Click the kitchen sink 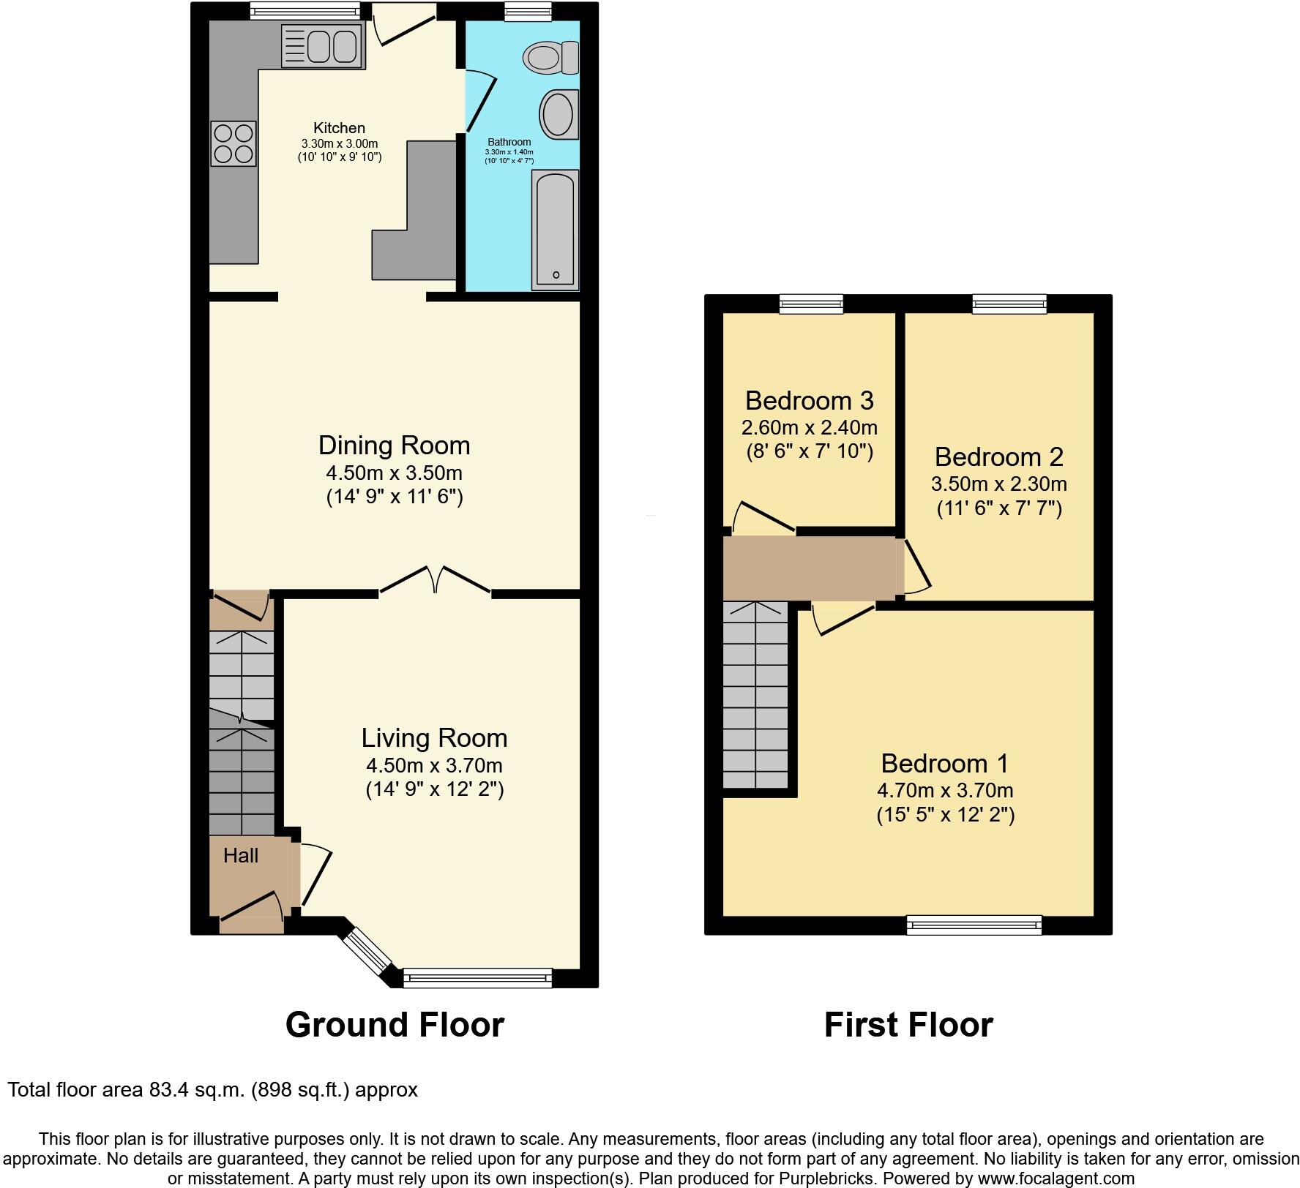[323, 47]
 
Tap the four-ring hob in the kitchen [234, 143]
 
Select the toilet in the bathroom [550, 57]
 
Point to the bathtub [556, 229]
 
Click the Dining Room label [394, 446]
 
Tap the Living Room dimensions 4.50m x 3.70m [434, 766]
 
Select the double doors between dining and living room [435, 579]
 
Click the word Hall [240, 855]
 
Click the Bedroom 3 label [809, 401]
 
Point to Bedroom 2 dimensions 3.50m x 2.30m [998, 484]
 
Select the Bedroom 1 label [944, 763]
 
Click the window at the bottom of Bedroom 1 [974, 925]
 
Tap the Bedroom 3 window [811, 304]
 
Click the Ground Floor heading [395, 1025]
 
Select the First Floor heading [908, 1025]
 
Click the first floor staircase [755, 695]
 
